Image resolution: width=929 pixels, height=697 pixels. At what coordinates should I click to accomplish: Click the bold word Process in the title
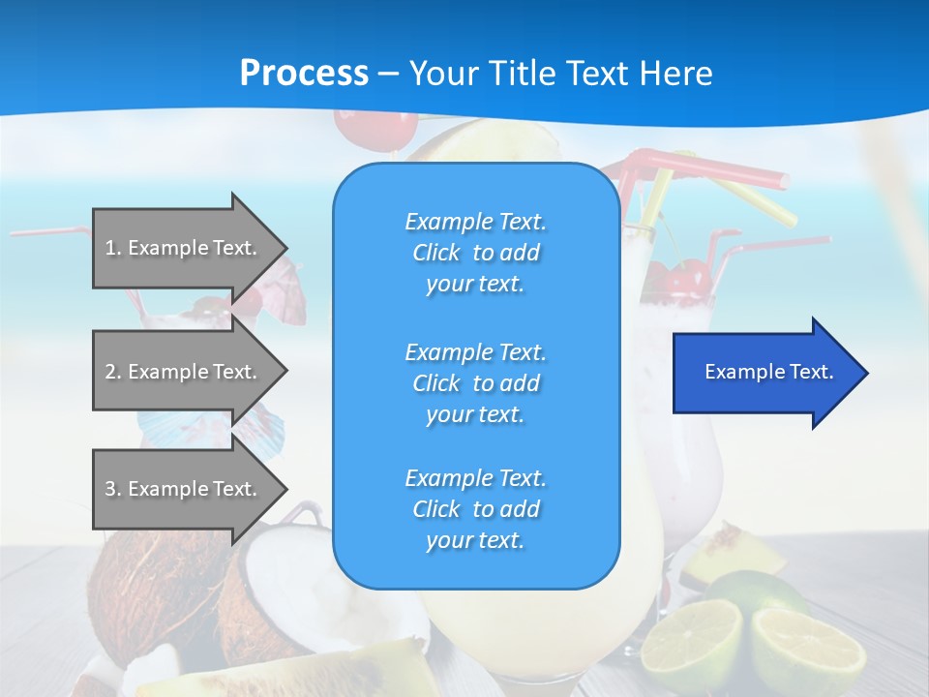304,74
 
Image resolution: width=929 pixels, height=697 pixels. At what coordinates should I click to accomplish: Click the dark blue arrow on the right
764,373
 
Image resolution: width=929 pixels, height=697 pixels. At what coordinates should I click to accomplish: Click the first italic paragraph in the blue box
475,253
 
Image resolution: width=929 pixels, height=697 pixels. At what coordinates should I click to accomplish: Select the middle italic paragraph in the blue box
475,382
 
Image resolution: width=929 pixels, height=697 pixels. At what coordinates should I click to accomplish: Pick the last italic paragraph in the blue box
475,509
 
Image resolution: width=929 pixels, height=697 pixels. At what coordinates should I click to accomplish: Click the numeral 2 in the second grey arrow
110,372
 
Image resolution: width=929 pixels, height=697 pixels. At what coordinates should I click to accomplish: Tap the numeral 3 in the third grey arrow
110,489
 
